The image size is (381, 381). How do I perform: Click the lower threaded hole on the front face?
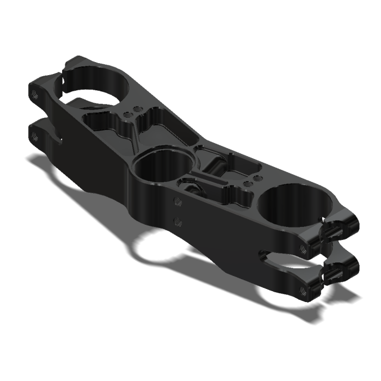(x=176, y=221)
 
